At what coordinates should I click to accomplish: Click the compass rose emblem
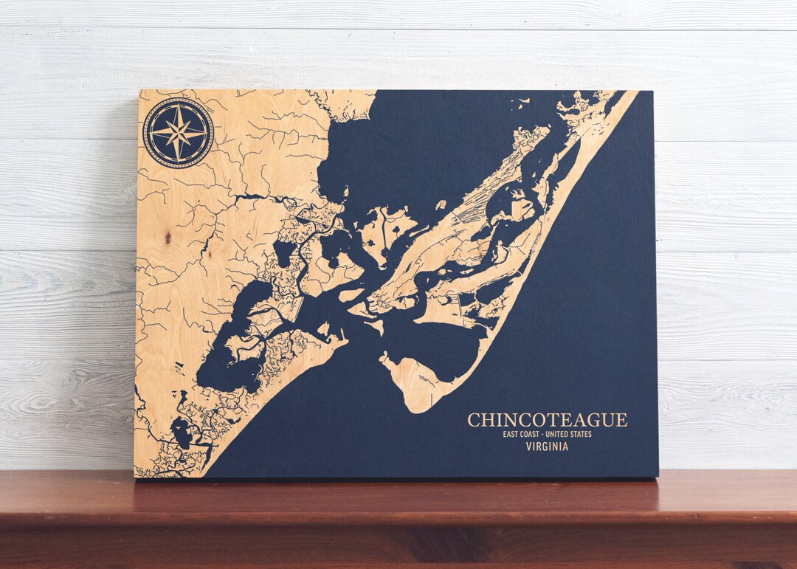tap(178, 133)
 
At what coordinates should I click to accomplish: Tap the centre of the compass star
tap(178, 133)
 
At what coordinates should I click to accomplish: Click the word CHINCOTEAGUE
tap(547, 420)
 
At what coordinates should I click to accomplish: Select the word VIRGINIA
tap(547, 446)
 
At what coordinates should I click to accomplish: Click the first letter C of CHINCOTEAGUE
tap(473, 420)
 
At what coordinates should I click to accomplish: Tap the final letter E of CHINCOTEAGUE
tap(622, 420)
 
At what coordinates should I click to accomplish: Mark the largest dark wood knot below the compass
tap(168, 237)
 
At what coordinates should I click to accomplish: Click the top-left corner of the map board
tap(140, 91)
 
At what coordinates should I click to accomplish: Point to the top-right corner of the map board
tap(652, 92)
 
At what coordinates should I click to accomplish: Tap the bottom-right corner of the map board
tap(658, 477)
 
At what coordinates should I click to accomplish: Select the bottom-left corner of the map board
tap(135, 477)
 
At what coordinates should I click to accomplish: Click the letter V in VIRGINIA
tap(528, 446)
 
